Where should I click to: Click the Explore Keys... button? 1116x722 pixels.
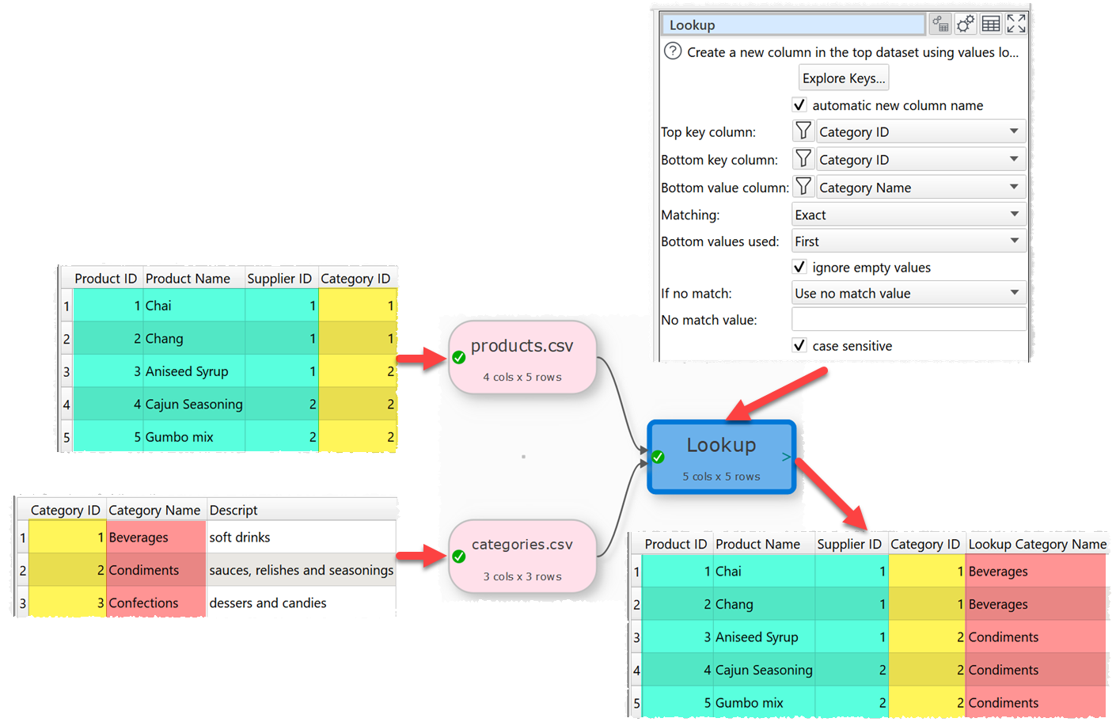pos(843,78)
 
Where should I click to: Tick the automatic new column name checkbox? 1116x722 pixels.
pos(799,105)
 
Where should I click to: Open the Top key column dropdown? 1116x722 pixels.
pos(921,131)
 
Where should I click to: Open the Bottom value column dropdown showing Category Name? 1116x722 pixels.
pos(921,187)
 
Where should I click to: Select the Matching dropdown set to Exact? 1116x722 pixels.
pos(908,215)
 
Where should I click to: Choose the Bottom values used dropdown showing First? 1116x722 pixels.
pos(908,241)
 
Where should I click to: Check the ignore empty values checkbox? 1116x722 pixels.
pos(799,268)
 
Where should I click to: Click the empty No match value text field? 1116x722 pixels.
pos(908,320)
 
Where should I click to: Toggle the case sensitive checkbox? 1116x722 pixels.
pos(799,346)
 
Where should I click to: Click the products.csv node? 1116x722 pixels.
pos(522,357)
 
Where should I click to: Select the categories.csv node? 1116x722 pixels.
pos(522,556)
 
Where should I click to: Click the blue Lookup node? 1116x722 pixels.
pos(721,457)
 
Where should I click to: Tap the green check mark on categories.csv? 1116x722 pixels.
pos(459,557)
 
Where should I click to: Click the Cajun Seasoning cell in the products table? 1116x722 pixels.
pos(194,405)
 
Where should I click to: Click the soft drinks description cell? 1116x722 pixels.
pos(240,538)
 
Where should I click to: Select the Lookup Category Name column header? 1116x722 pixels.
pos(1037,544)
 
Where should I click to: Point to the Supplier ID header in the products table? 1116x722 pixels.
pos(279,279)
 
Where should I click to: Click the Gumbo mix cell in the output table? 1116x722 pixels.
pos(749,703)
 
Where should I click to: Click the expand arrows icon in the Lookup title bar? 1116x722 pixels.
pos(1016,24)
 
